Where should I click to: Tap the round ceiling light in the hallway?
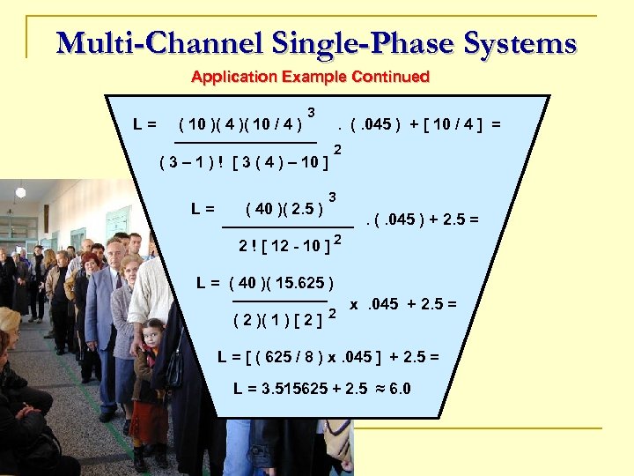[x=20, y=191]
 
